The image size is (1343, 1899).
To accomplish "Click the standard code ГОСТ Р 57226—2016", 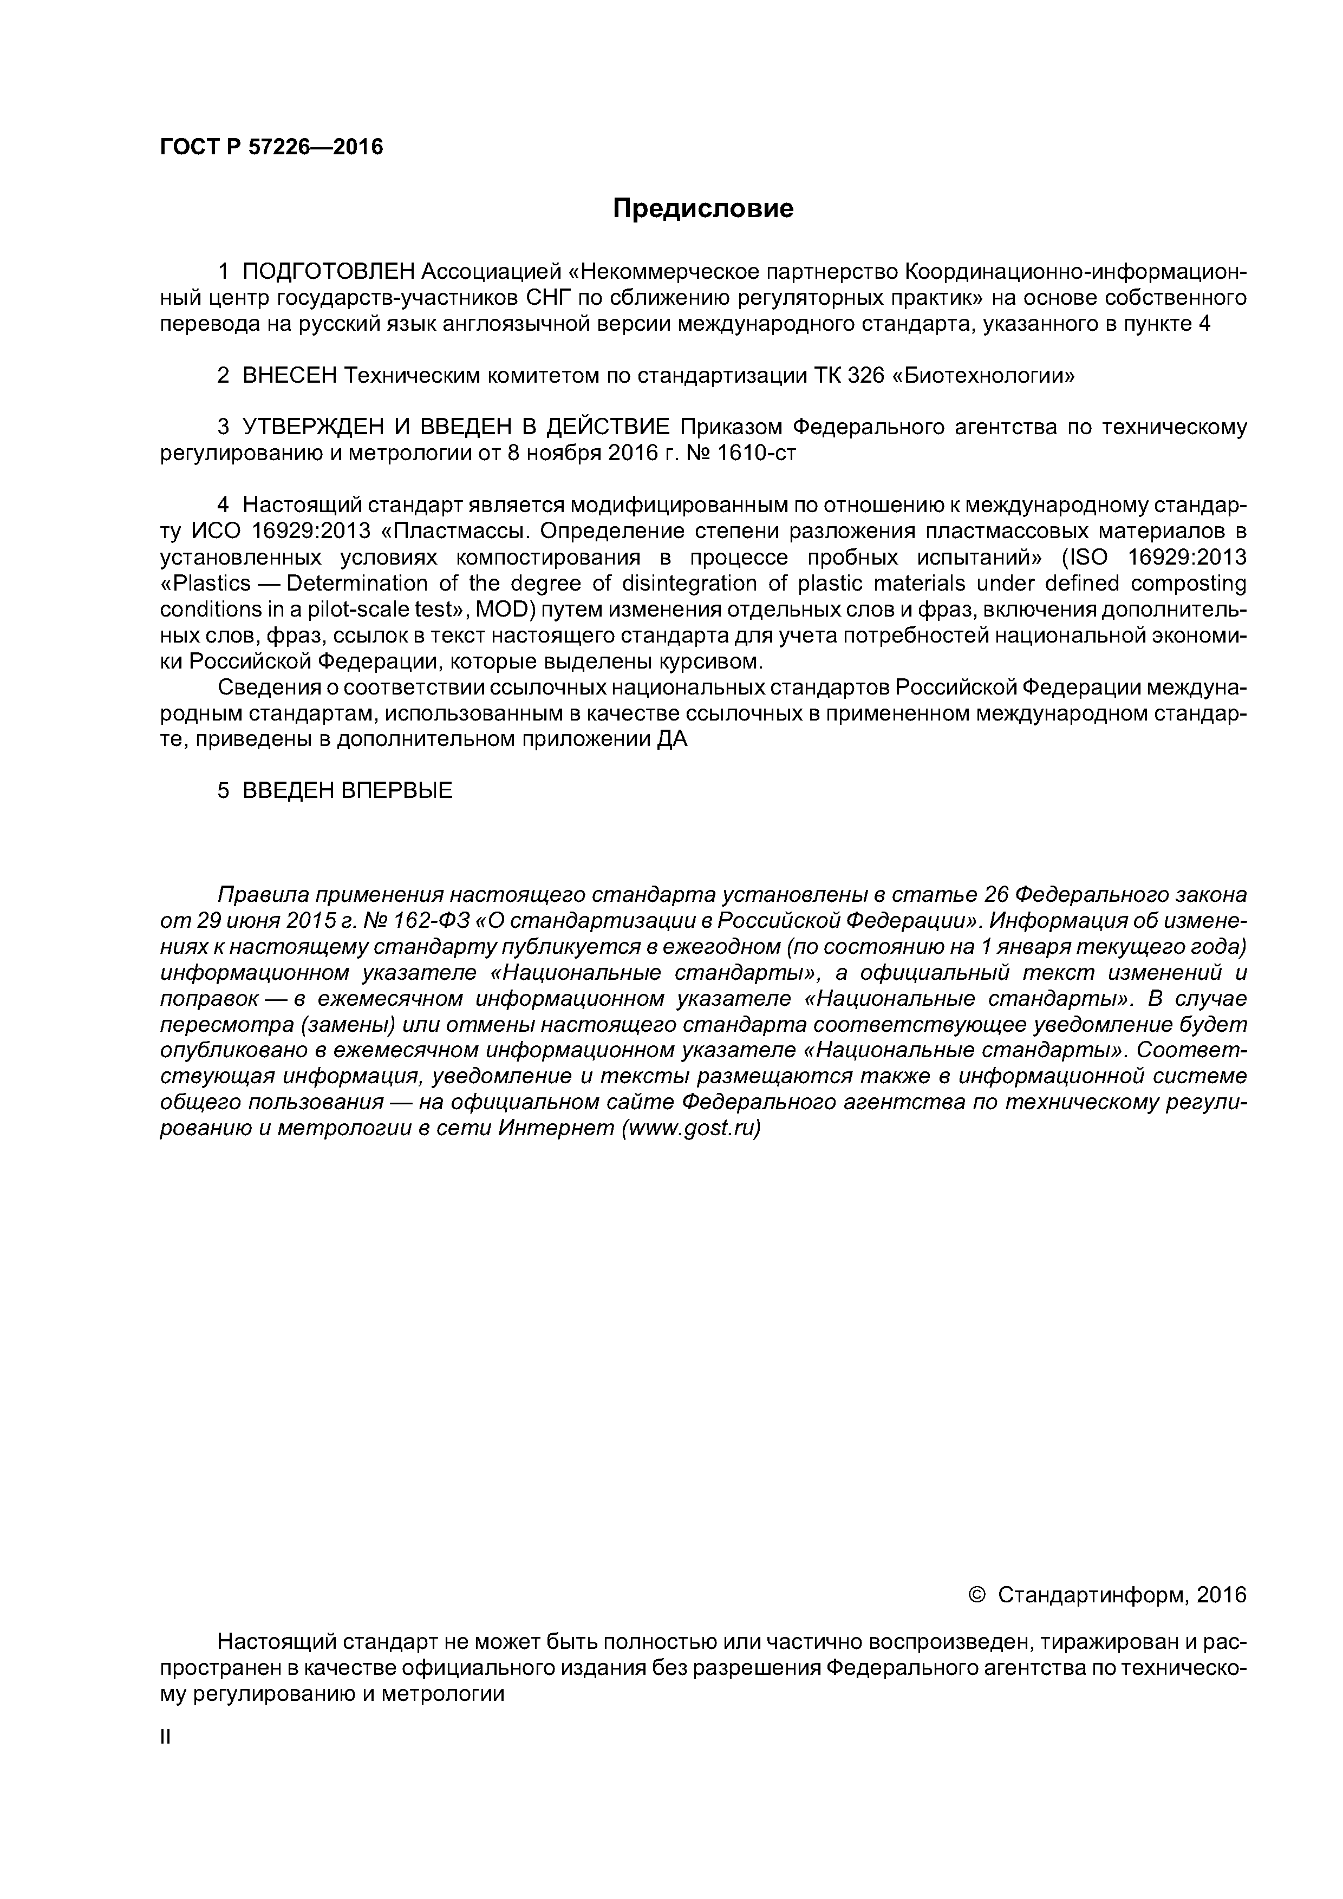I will pos(271,147).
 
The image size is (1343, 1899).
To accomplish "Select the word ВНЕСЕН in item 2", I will pos(290,376).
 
